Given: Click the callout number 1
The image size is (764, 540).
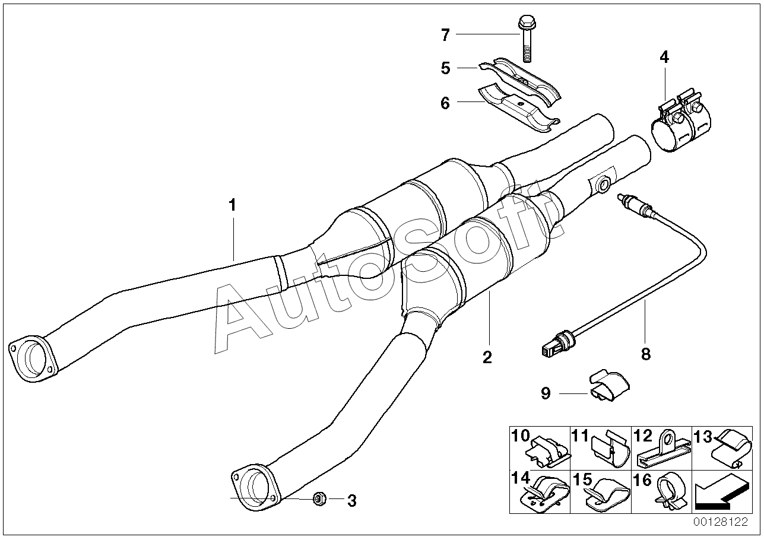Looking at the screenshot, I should click(233, 205).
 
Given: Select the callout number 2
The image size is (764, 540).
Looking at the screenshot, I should click(487, 357).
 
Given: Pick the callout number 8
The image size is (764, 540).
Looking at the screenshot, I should click(645, 354).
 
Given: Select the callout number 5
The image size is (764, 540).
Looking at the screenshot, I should click(445, 68).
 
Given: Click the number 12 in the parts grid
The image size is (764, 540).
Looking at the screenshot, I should click(643, 437).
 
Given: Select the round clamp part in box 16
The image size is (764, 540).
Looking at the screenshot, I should click(669, 492).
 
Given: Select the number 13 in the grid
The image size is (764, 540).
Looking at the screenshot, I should click(703, 437).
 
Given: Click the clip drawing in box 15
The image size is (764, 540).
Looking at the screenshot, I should click(607, 494).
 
